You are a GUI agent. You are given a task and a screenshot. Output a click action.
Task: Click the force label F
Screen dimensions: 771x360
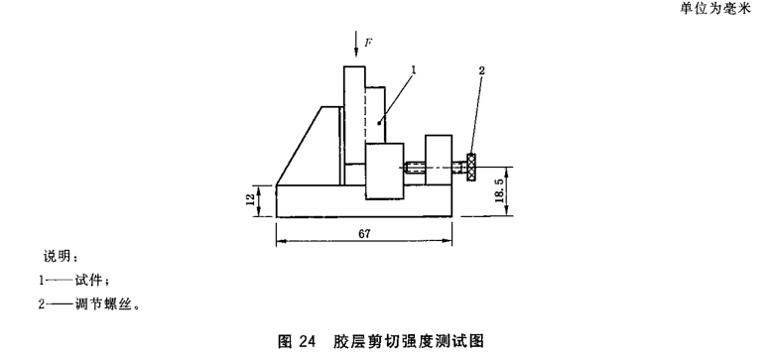367,44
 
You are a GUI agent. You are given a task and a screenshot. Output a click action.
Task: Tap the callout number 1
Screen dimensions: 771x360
414,70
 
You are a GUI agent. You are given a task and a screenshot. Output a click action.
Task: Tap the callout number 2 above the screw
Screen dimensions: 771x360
482,70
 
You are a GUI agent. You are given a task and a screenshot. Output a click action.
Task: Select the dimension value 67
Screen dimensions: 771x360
364,234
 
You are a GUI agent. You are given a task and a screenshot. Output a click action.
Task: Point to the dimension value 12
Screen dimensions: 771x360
251,199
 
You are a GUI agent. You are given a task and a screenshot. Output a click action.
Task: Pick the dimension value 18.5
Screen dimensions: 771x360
500,191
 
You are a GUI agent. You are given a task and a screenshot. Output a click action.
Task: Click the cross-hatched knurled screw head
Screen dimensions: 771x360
472,168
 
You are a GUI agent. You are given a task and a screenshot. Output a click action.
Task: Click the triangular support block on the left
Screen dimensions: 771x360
309,146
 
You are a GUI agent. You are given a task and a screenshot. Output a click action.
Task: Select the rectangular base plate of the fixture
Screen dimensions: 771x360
364,201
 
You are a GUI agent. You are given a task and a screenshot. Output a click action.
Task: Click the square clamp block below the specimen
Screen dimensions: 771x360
385,171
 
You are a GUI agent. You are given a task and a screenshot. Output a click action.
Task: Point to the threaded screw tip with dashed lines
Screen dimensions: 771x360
414,168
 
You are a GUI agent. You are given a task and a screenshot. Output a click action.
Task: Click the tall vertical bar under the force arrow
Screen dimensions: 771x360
354,115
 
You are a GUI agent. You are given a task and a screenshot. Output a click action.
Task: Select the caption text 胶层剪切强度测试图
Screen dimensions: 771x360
408,341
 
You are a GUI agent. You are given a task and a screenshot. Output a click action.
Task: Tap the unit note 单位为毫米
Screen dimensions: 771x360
715,8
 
